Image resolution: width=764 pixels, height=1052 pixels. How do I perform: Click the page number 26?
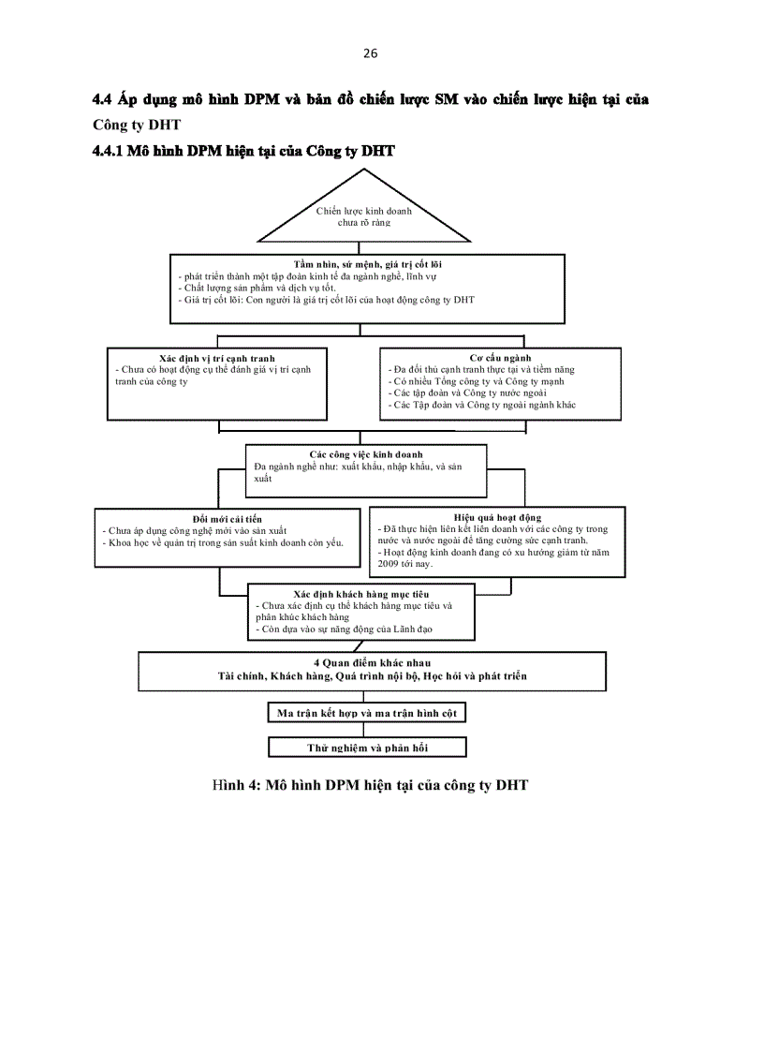(x=370, y=53)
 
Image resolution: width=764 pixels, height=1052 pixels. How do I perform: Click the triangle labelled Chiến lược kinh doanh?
(x=363, y=217)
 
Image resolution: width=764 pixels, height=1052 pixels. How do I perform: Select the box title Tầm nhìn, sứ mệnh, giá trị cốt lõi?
(x=368, y=264)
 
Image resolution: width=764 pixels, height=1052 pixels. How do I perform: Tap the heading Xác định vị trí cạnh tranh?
(x=217, y=358)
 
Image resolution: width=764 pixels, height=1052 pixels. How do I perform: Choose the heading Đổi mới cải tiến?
(x=227, y=518)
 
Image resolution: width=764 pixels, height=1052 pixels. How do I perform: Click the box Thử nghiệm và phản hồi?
(x=366, y=748)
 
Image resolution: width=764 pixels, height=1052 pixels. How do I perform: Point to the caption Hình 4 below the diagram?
(x=370, y=785)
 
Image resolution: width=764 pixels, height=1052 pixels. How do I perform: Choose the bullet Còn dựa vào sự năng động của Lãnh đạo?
(x=344, y=630)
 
